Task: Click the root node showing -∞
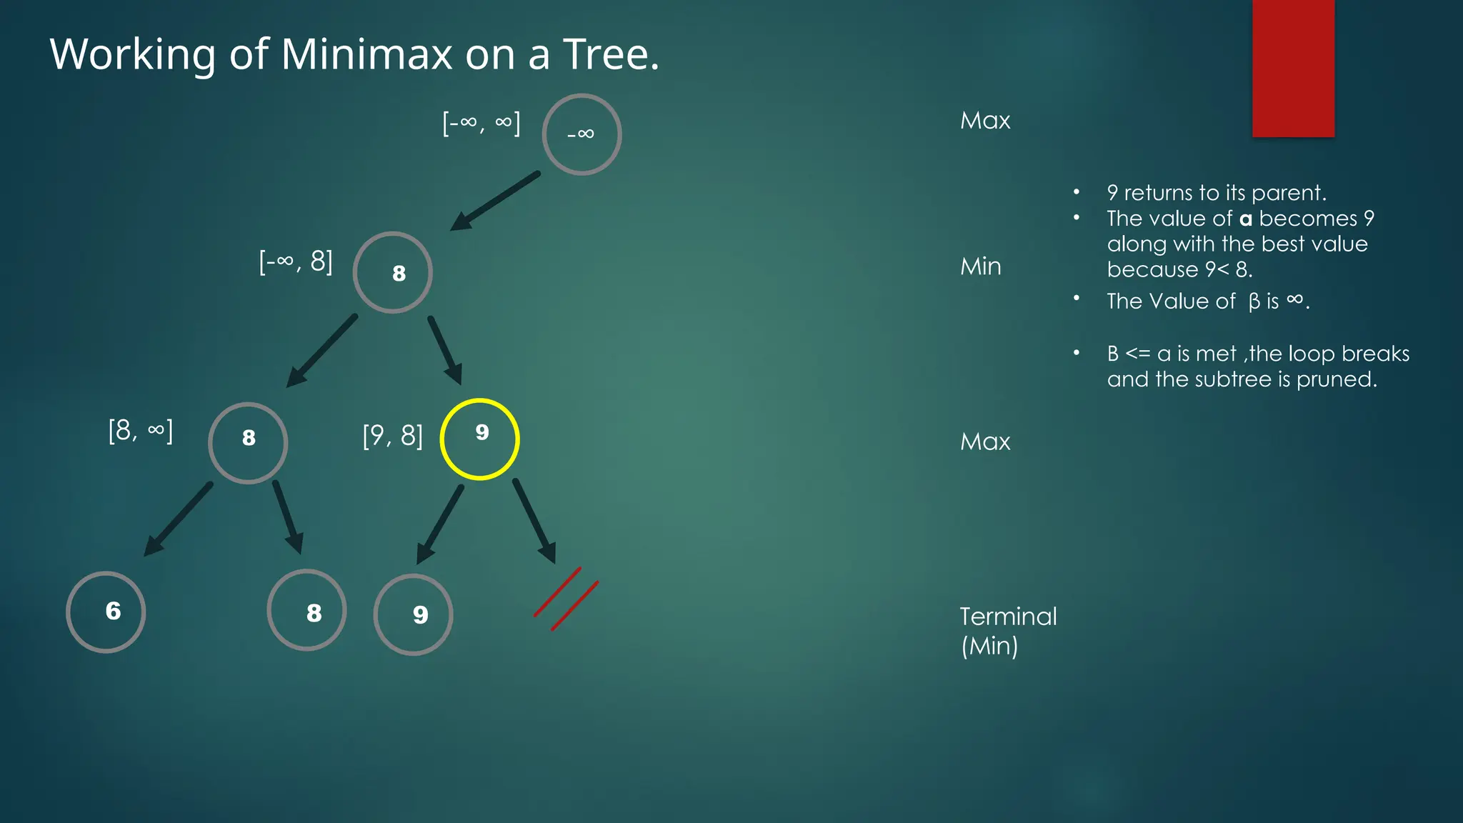point(581,134)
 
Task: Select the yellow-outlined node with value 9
point(479,439)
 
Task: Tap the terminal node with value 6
point(106,612)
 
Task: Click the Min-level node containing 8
point(392,272)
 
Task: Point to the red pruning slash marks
point(566,599)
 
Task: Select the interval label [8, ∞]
point(140,431)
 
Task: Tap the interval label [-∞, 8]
point(296,261)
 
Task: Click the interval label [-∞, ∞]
point(481,123)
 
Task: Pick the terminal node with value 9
point(413,614)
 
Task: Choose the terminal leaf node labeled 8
point(306,610)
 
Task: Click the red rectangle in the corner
point(1293,68)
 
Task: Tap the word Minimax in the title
point(367,54)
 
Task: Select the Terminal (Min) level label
point(1007,631)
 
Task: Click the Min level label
point(980,266)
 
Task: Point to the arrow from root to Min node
point(494,201)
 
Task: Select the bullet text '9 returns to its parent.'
point(1216,193)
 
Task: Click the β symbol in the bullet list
point(1254,302)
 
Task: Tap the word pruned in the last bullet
point(1335,379)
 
